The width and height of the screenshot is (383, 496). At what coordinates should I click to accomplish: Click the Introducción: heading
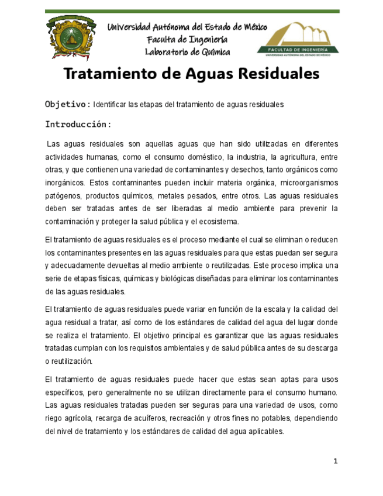(78, 124)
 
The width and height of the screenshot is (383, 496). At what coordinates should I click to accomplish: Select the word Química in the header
(214, 51)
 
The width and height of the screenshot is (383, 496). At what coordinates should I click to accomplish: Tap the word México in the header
(251, 27)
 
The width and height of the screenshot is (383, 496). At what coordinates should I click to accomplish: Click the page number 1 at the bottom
(336, 462)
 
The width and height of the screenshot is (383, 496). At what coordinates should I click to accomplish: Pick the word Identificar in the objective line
(109, 104)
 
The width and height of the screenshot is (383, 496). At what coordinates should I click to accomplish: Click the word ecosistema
(219, 222)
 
